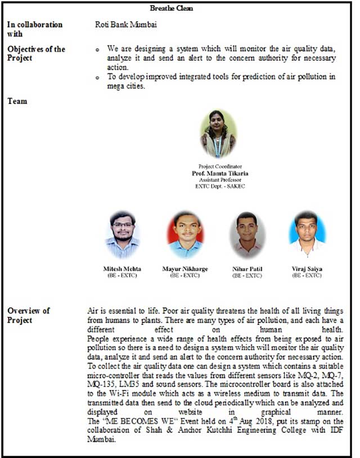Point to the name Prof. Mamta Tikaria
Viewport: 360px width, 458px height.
pyautogui.click(x=220, y=174)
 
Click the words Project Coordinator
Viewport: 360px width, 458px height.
pyautogui.click(x=220, y=167)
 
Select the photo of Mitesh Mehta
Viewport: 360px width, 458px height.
pyautogui.click(x=122, y=235)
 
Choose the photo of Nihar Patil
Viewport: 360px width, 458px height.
pyautogui.click(x=247, y=235)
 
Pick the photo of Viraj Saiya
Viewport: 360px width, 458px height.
pyautogui.click(x=307, y=235)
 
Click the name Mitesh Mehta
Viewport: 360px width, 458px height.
pyautogui.click(x=122, y=269)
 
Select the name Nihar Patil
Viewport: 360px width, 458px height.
pyautogui.click(x=247, y=269)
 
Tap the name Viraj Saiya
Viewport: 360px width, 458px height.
pyautogui.click(x=307, y=269)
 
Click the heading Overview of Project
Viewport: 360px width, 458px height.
pyautogui.click(x=28, y=315)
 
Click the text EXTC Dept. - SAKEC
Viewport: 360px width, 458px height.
pyautogui.click(x=220, y=186)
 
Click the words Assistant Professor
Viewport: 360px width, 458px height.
pyautogui.click(x=220, y=180)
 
